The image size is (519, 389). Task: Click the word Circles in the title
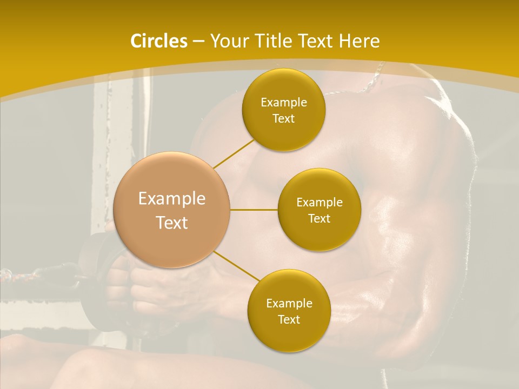click(158, 41)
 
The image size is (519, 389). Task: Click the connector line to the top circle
click(234, 153)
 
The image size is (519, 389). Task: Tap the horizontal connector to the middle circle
click(254, 210)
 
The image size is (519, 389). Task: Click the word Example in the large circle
click(172, 199)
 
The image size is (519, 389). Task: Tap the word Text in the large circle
click(172, 223)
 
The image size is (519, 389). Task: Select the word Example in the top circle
click(284, 102)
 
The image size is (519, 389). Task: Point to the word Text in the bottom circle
click(289, 319)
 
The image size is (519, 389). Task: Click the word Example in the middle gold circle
click(320, 202)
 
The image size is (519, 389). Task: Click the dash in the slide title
click(198, 41)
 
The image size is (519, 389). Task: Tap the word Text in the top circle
click(283, 118)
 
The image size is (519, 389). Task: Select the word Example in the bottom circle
click(289, 303)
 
